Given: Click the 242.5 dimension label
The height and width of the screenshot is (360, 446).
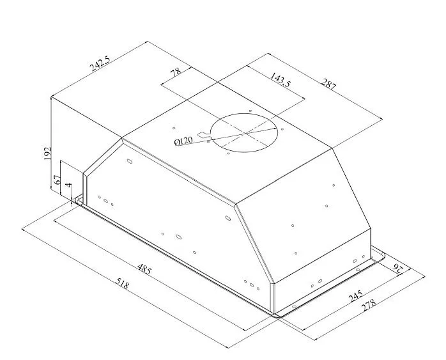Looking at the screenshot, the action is click(100, 63).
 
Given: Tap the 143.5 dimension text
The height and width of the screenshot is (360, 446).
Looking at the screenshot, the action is click(280, 80).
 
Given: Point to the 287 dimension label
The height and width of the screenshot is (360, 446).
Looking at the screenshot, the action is click(329, 84).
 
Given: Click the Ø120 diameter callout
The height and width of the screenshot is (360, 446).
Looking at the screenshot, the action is click(183, 141).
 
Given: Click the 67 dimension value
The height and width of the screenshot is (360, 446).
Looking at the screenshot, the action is click(57, 180).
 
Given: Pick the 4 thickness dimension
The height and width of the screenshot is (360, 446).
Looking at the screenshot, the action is click(68, 185).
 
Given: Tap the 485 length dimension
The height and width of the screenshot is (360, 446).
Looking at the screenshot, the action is click(144, 269).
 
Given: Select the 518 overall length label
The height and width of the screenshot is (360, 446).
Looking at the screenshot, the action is click(123, 283).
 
